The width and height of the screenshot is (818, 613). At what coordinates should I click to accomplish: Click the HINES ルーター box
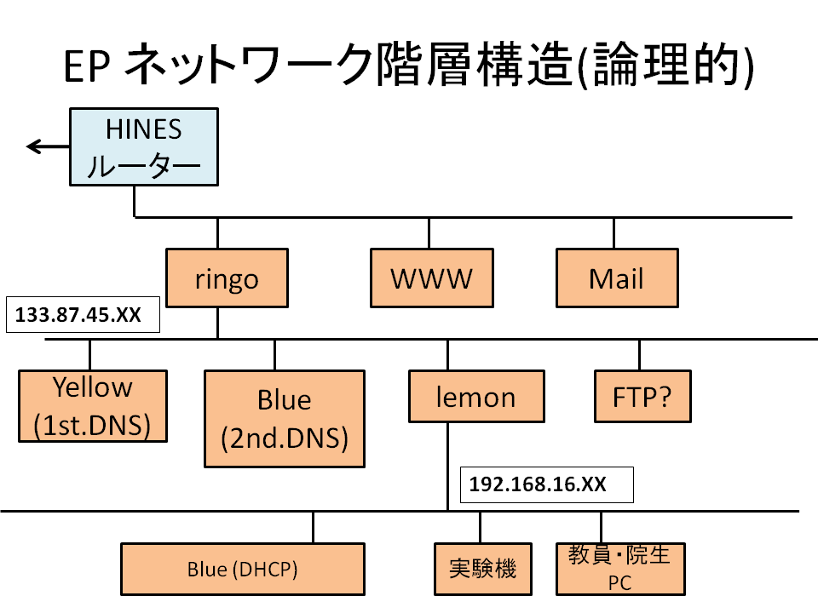tap(144, 147)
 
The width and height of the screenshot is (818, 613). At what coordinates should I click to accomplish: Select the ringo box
tap(227, 278)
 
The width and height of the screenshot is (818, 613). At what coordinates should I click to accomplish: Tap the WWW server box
tap(432, 278)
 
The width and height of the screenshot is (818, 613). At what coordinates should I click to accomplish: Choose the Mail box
tap(617, 278)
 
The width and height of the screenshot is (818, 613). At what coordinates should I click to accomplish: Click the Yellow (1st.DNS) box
tap(93, 406)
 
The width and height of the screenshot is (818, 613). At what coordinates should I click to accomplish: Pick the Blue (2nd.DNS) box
tap(285, 419)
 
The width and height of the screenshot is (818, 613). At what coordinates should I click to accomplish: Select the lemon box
tap(477, 396)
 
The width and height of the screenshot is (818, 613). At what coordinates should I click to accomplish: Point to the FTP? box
tap(642, 396)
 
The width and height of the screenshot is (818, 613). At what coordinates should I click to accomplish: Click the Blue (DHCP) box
tap(243, 570)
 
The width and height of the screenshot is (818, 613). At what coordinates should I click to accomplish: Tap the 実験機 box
tap(483, 570)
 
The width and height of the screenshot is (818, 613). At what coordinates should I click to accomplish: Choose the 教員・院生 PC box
tap(620, 570)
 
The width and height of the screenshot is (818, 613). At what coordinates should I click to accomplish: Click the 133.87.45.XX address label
tap(83, 314)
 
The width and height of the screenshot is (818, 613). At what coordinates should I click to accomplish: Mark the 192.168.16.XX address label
tap(547, 484)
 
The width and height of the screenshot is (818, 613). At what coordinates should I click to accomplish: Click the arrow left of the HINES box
tap(48, 146)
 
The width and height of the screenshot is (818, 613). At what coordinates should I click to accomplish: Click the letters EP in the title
tap(87, 66)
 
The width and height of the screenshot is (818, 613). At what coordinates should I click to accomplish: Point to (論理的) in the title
tap(666, 65)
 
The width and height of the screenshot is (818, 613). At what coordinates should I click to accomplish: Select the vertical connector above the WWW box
tap(429, 233)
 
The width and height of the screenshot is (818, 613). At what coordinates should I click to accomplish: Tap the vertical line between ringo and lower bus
tap(217, 324)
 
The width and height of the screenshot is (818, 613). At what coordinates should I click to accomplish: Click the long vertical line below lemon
tap(447, 467)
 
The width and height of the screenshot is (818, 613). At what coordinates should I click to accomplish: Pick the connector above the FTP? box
tap(640, 355)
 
